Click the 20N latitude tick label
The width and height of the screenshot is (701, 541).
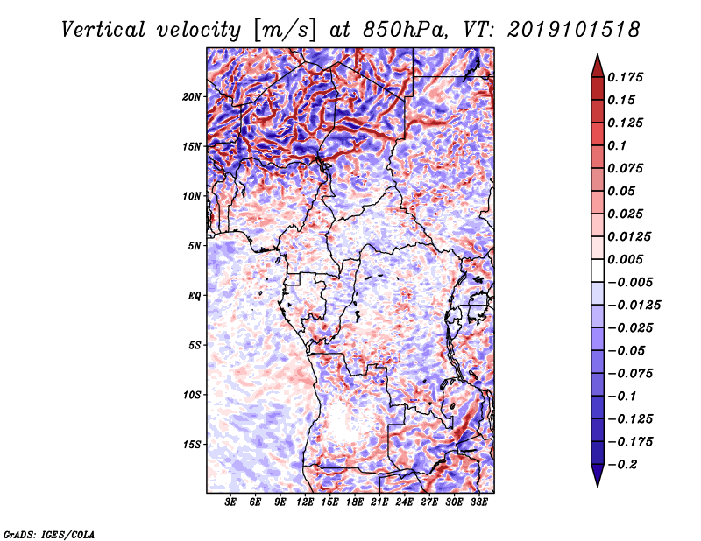[191, 97]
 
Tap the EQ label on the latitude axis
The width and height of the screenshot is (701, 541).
[195, 296]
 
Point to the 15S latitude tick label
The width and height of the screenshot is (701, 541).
[191, 445]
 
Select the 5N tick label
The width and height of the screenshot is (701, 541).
[195, 246]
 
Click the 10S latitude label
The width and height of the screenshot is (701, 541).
[191, 395]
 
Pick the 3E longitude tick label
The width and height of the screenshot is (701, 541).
[230, 502]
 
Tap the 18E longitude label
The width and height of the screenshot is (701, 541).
[355, 502]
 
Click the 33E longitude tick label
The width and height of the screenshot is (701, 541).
[478, 502]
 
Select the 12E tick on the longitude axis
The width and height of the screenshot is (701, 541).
[305, 502]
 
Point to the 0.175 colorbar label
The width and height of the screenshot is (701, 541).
[625, 77]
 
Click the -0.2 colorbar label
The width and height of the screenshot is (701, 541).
[622, 465]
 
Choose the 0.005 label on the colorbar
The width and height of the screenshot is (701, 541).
[625, 259]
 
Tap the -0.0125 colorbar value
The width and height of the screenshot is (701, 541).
[634, 306]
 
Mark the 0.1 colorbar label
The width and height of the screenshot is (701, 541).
[617, 145]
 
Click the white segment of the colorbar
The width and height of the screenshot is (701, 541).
[598, 270]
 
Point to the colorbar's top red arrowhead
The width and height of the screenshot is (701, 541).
[598, 67]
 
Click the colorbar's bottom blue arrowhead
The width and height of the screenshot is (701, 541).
[598, 475]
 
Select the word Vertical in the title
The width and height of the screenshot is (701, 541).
[103, 30]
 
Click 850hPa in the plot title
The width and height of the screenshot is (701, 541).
[405, 30]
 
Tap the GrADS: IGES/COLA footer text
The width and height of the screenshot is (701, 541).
[49, 535]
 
